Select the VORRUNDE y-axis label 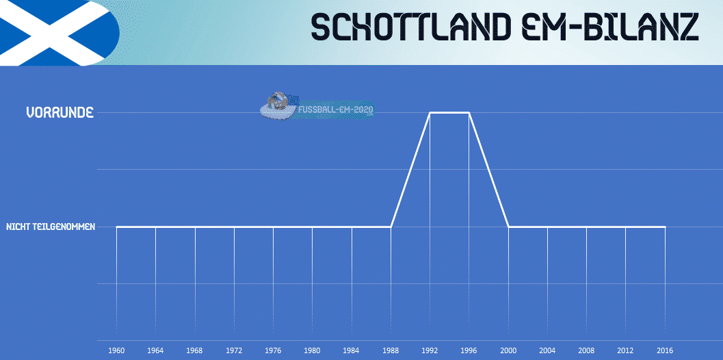pos(60,113)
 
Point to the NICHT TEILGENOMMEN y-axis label pos(50,227)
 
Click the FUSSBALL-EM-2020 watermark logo pos(317,107)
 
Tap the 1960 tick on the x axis pos(116,351)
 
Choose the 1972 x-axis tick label pos(234,351)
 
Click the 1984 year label pos(352,351)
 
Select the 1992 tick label pos(430,351)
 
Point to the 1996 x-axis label pos(469,351)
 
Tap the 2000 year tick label pos(509,351)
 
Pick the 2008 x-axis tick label pos(586,351)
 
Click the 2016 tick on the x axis pos(665,351)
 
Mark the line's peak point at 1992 pos(430,113)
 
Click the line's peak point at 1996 pos(469,113)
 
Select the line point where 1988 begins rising pos(391,227)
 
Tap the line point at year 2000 pos(509,227)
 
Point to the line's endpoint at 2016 pos(665,227)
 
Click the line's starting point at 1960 pos(116,227)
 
